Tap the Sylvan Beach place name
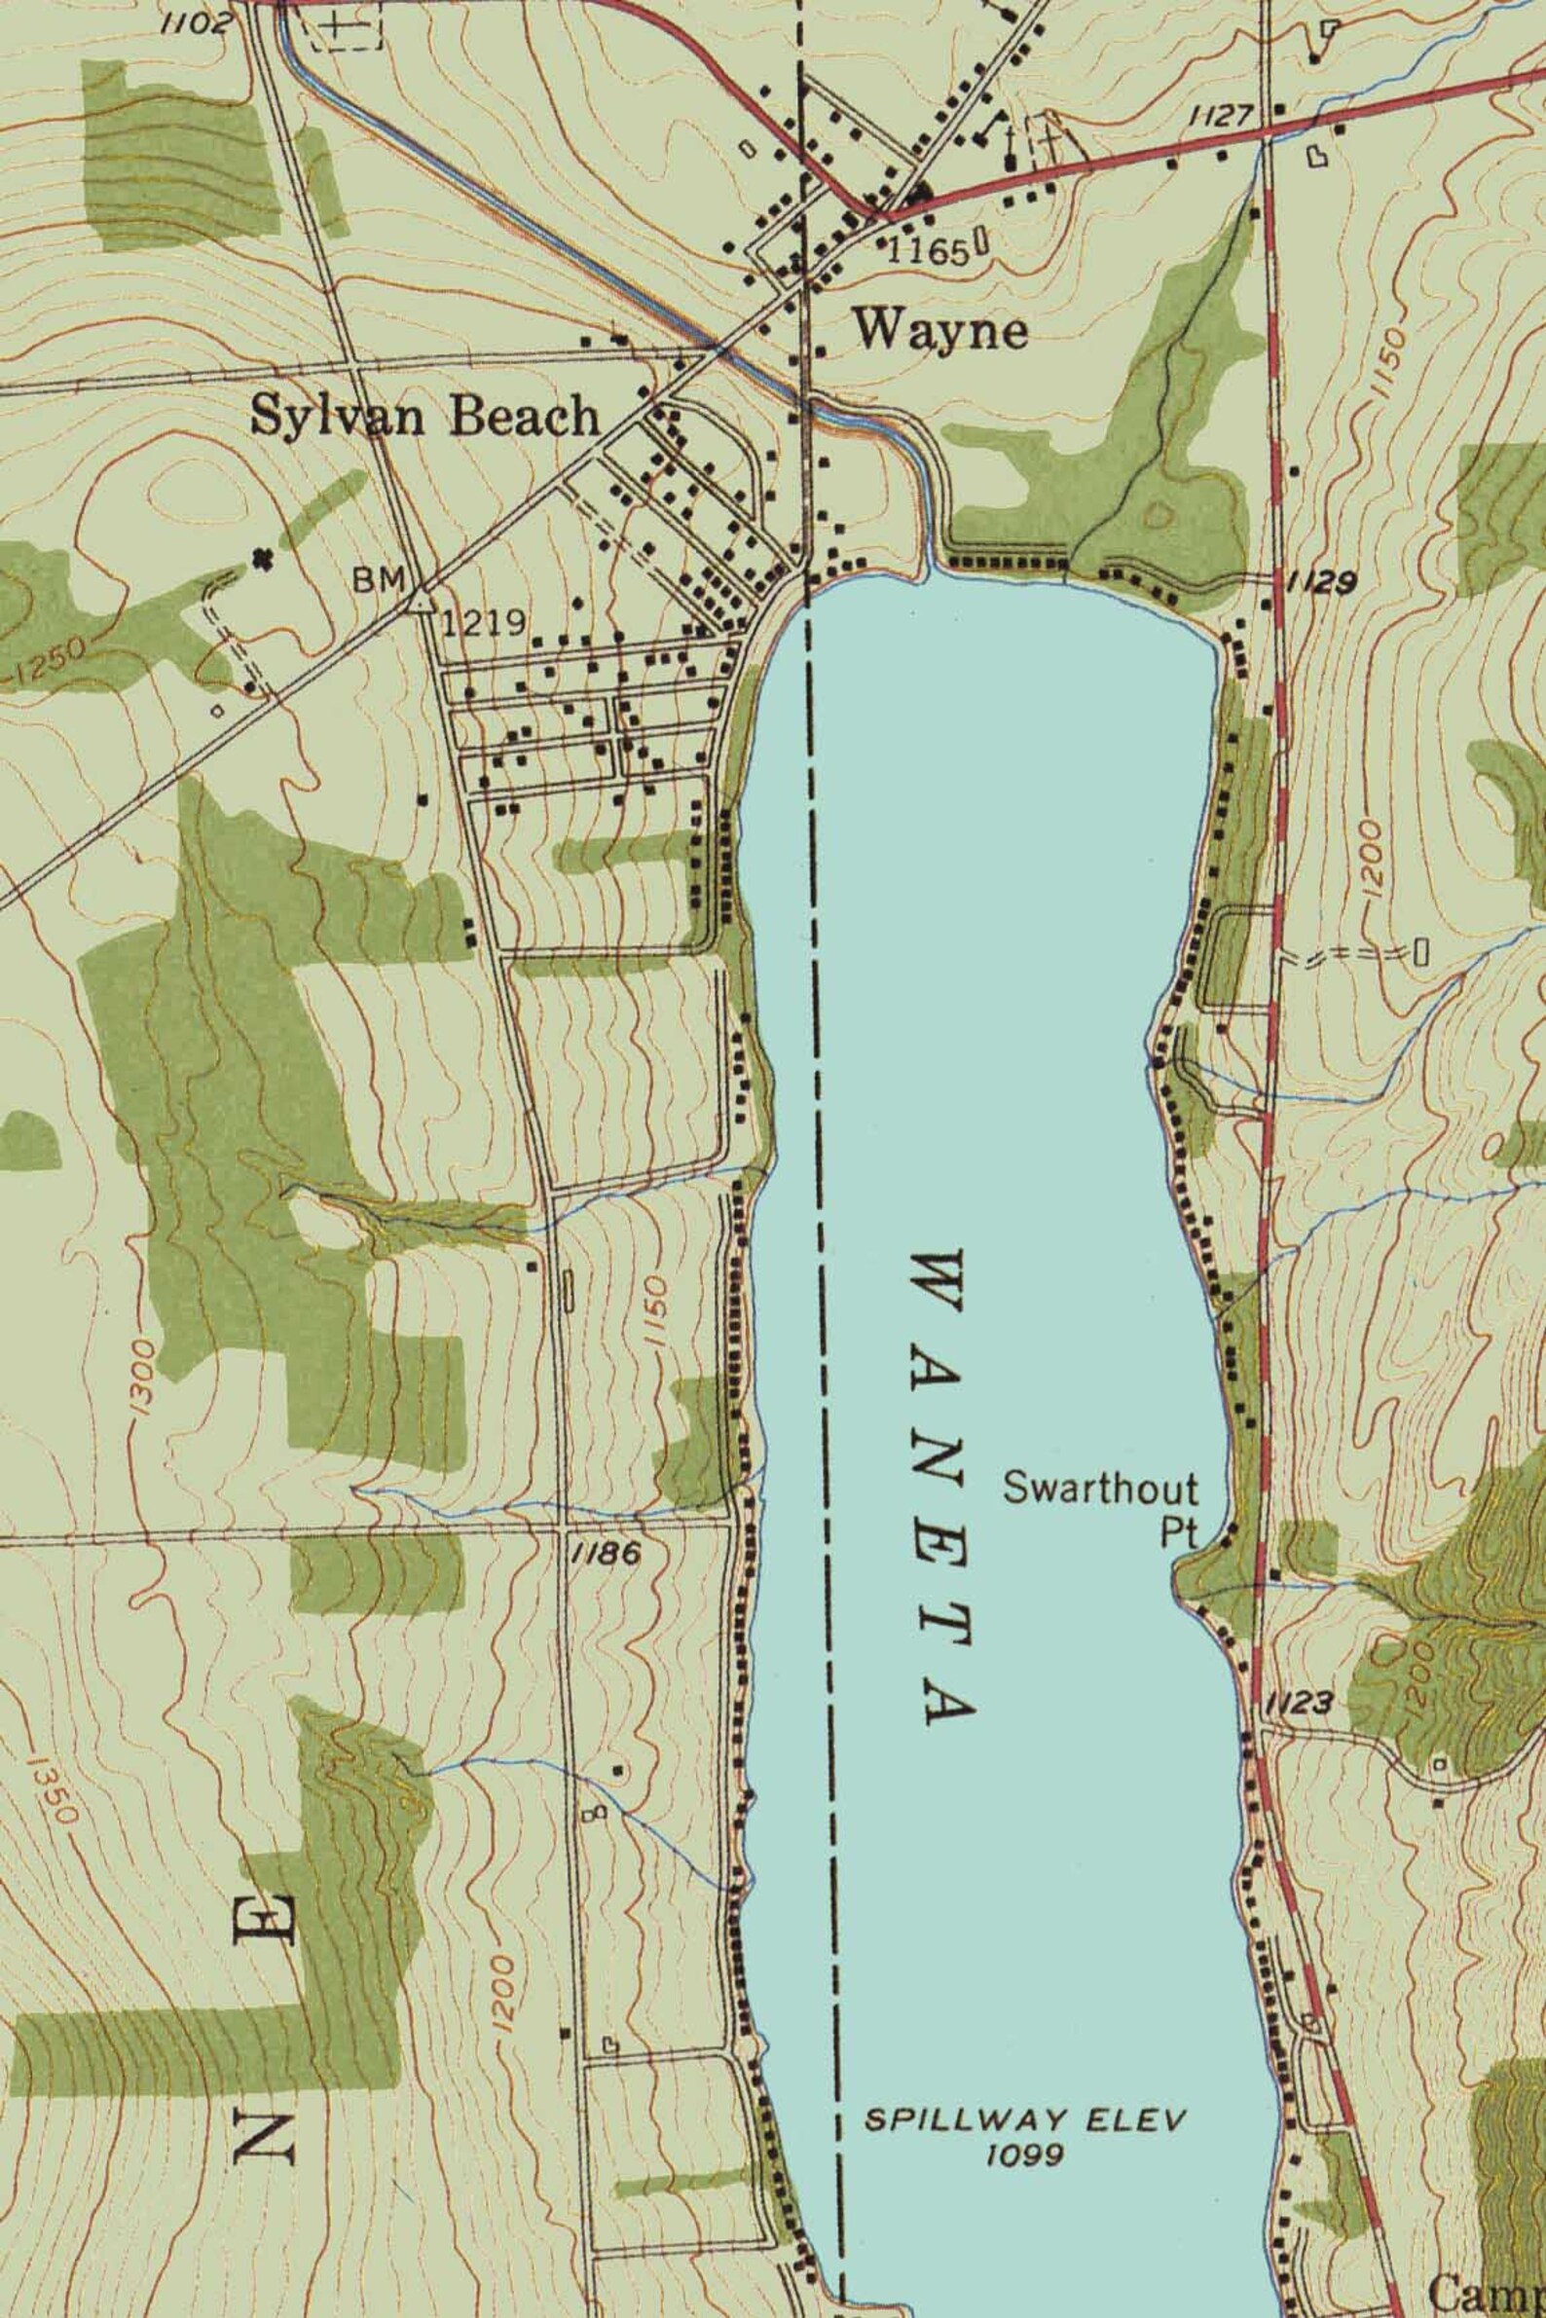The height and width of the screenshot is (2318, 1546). [424, 417]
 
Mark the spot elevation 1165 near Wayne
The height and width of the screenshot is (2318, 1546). [928, 252]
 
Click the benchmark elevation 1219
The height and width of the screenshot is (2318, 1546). [483, 622]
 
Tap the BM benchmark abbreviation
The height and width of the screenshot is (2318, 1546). [380, 581]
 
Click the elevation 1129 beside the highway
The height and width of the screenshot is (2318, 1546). [1321, 583]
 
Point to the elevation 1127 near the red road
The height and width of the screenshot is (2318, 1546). [1220, 117]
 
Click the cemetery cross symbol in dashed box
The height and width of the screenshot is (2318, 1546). [341, 25]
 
